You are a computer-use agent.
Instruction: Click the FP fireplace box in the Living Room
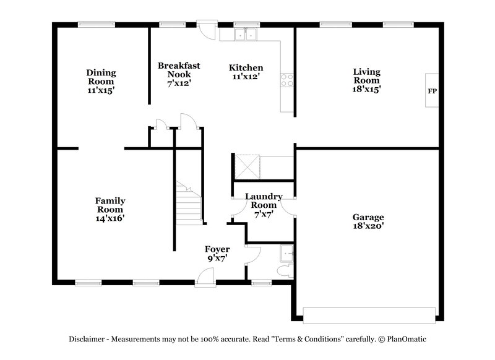(432, 91)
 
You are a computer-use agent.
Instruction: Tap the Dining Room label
(101, 77)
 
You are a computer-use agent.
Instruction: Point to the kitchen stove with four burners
(287, 79)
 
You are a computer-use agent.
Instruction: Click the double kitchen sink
(246, 34)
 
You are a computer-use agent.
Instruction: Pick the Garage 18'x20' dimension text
(368, 227)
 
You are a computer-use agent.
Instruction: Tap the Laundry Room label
(264, 200)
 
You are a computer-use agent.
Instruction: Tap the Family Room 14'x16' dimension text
(110, 218)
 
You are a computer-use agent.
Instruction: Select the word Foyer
(217, 249)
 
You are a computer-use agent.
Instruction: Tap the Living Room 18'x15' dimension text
(366, 88)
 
